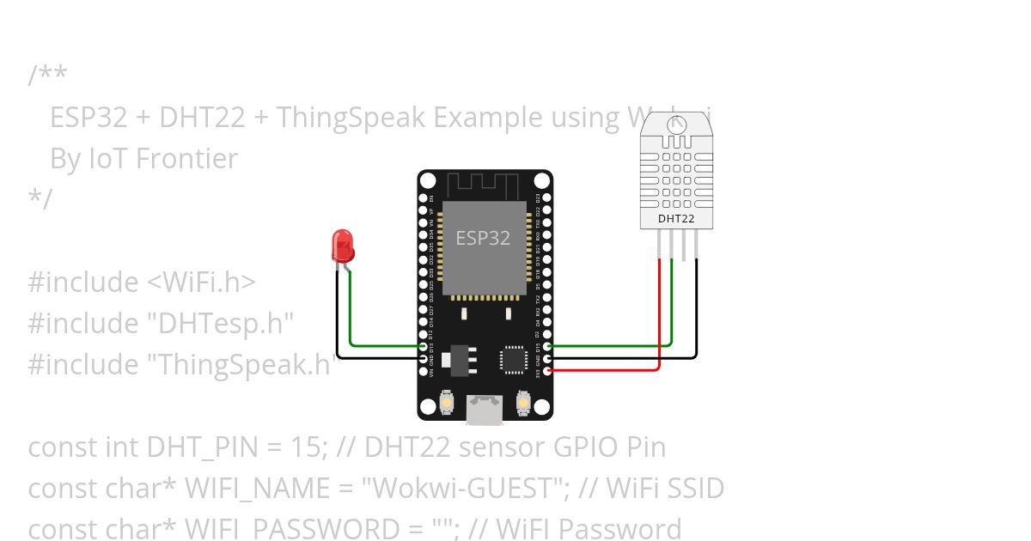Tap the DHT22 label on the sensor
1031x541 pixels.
[676, 219]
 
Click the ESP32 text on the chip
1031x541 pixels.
[483, 239]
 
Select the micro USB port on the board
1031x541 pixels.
[485, 410]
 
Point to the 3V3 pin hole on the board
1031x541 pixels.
[548, 370]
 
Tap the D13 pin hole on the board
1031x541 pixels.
[422, 346]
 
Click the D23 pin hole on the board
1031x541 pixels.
[548, 198]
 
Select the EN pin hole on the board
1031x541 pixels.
[422, 198]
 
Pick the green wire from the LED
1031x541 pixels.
[378, 346]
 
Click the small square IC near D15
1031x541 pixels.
[515, 359]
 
